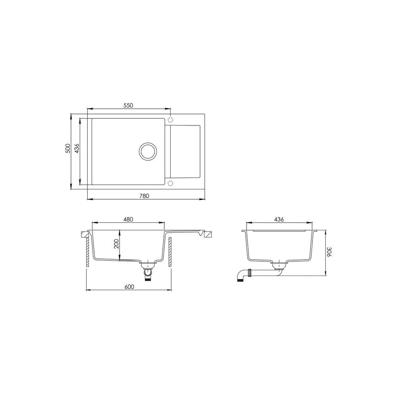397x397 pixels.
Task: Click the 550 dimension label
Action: [x=128, y=105]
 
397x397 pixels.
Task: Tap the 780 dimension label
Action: [x=145, y=196]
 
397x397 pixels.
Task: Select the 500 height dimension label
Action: [x=67, y=148]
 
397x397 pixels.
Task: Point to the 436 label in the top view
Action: [x=77, y=148]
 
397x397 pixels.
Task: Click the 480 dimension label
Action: [x=128, y=219]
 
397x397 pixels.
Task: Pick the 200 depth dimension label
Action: [x=116, y=244]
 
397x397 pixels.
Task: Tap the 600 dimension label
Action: [x=129, y=287]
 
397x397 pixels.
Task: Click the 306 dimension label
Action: [x=329, y=252]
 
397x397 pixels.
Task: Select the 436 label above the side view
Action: [x=279, y=219]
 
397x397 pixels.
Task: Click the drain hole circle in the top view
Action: [x=148, y=143]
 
